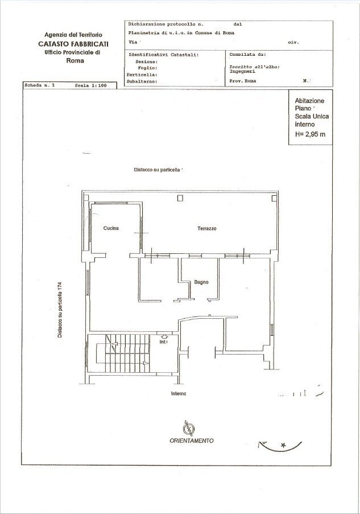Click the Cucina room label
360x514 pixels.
[x=111, y=228]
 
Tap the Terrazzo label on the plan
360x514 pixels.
[x=207, y=228]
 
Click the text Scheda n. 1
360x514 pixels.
[x=40, y=85]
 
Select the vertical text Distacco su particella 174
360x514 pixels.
[x=59, y=310]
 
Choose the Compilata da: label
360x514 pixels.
[x=247, y=55]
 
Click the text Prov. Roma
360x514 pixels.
[x=243, y=81]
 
